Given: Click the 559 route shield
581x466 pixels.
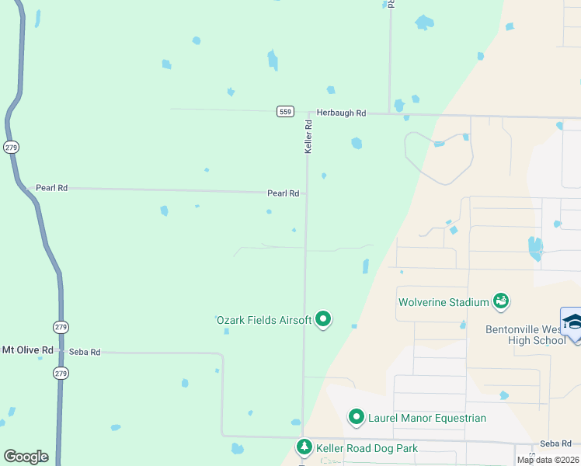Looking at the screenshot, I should [x=285, y=112].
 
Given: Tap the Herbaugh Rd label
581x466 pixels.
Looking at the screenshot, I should [x=341, y=113].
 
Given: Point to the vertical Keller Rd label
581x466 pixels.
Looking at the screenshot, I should [x=308, y=136].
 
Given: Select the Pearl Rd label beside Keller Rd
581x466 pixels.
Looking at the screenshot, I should [x=283, y=193].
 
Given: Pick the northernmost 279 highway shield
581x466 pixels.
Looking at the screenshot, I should [x=11, y=146].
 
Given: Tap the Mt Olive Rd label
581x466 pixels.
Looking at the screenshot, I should [x=27, y=350].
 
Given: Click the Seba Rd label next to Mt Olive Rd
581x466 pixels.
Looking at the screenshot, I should [x=85, y=352].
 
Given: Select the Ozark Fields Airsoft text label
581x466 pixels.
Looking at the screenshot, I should [x=263, y=320].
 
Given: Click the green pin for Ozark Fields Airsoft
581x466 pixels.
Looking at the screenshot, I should [x=323, y=319].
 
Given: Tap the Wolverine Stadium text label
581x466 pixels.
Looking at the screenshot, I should [x=443, y=302].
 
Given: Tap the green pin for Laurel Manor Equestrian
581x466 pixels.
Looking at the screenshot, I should [x=357, y=417].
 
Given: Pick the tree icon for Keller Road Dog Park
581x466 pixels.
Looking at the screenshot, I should [x=304, y=447].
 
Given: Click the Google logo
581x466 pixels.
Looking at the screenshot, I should [x=26, y=457].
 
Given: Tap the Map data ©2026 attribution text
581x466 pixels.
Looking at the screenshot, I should [x=548, y=460].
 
